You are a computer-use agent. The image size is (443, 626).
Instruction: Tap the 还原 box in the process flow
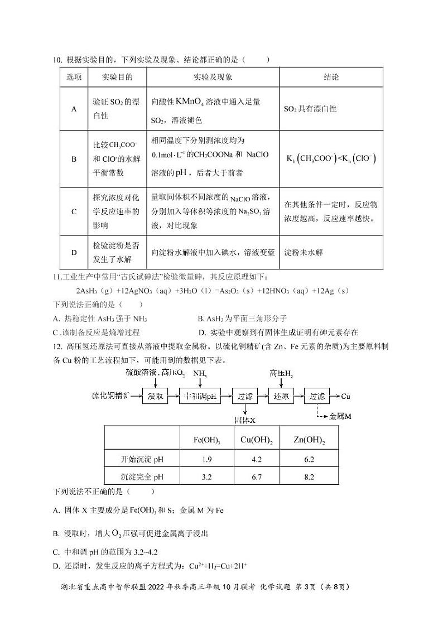point(281,397)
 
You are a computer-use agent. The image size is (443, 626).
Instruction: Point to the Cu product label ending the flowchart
point(345,397)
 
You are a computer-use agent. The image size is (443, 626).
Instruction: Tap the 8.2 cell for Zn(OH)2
point(309,477)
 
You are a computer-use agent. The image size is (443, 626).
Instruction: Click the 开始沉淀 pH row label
point(142,459)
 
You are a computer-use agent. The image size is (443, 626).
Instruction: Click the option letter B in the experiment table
point(74,159)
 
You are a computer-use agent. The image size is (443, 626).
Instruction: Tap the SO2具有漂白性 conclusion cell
point(310,109)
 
